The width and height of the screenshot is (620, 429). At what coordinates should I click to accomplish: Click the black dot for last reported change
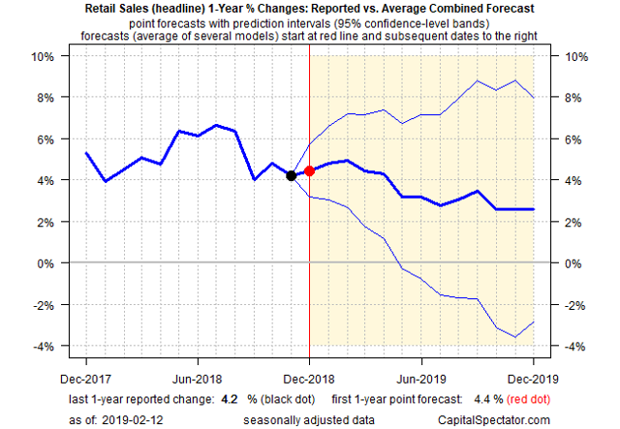pos(291,175)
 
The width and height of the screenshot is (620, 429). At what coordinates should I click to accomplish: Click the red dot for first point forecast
pos(309,171)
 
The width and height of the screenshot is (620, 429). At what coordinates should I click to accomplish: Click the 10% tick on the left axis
pos(45,56)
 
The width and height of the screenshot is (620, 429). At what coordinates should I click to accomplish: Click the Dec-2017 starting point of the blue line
pos(86,153)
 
